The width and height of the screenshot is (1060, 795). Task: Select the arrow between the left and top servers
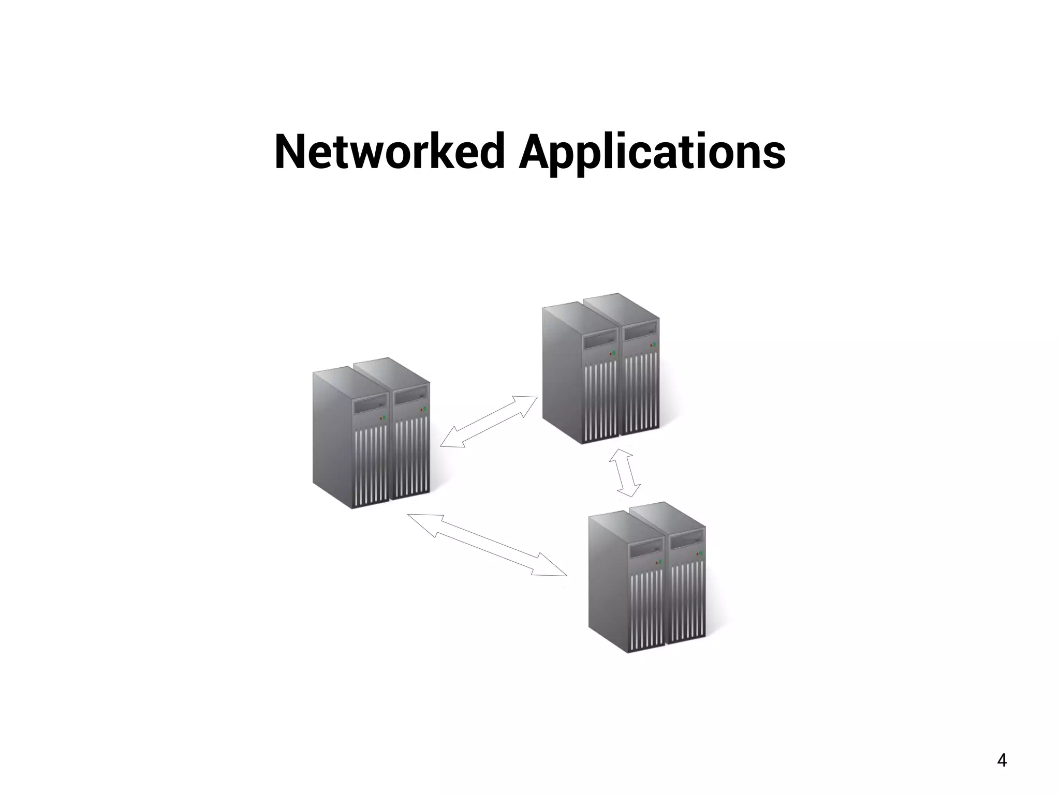click(x=489, y=422)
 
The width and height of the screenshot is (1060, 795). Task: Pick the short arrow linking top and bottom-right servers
click(x=625, y=472)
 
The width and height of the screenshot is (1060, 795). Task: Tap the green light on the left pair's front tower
click(x=385, y=416)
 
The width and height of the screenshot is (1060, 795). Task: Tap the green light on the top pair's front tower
click(x=614, y=353)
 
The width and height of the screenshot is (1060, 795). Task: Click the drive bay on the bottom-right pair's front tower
click(x=645, y=550)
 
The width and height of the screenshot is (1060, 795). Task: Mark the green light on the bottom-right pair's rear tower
click(x=701, y=553)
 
